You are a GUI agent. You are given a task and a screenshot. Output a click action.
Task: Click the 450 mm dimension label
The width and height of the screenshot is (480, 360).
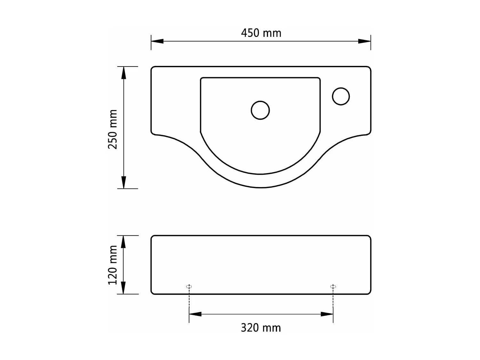(x=261, y=33)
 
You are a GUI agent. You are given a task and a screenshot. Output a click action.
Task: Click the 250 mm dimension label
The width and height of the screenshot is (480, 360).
(x=113, y=129)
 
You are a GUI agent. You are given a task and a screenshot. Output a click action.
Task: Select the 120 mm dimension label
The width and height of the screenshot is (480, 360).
(x=113, y=265)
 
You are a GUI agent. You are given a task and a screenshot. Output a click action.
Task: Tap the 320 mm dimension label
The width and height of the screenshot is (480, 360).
(x=261, y=328)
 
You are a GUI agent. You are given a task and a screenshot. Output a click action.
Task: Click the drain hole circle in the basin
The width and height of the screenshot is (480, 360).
(x=260, y=110)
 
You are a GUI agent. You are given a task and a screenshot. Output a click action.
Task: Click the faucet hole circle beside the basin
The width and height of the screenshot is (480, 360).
(x=341, y=96)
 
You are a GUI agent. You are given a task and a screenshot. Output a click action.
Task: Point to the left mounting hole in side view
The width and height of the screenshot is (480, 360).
(x=189, y=286)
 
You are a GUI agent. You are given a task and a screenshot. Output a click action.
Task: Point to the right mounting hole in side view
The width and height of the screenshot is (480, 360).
(x=333, y=286)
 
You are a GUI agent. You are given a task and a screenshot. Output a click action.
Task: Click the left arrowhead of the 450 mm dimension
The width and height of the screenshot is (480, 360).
(x=157, y=41)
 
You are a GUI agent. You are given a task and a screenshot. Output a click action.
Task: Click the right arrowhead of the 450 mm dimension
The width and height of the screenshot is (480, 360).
(x=364, y=41)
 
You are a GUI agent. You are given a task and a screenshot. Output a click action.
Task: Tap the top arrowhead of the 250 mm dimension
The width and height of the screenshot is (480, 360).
(x=124, y=73)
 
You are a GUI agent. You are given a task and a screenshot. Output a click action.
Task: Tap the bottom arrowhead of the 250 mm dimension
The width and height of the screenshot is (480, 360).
(x=124, y=182)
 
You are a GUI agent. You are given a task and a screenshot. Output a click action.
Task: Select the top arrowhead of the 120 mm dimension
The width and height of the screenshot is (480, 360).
(x=124, y=242)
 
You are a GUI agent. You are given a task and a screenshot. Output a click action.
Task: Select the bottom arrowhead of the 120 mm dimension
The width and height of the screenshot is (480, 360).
(x=124, y=288)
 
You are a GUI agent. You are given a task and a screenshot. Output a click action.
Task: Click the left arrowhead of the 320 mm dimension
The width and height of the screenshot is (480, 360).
(x=195, y=314)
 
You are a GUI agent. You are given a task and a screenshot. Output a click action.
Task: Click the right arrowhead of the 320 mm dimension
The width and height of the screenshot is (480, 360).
(x=327, y=314)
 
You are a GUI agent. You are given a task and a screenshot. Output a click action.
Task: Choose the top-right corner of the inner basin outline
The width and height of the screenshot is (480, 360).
(x=319, y=79)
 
